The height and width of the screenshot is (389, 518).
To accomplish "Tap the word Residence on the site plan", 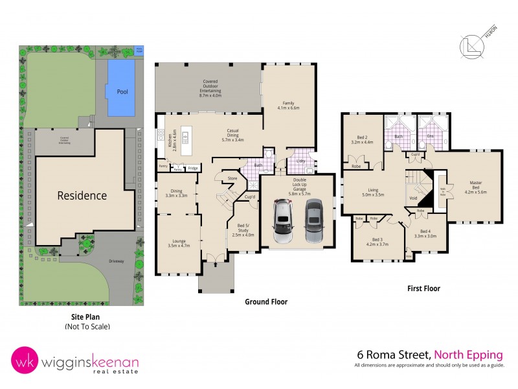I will (x=82, y=195).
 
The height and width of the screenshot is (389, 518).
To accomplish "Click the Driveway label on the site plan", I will (x=105, y=262).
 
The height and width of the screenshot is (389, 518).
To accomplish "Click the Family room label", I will (x=288, y=106).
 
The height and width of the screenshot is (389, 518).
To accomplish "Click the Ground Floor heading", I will (x=265, y=302).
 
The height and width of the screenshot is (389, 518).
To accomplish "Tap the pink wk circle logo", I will (x=24, y=362).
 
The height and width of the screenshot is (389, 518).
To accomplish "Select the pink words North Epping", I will (x=468, y=355).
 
